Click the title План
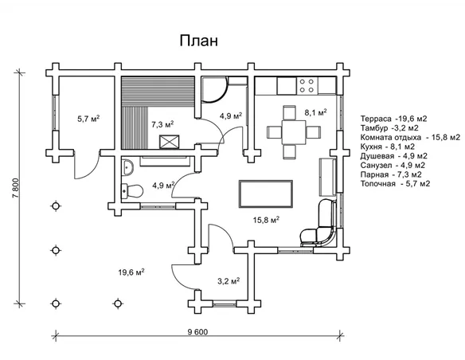coord(199,41)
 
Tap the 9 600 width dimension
coord(197,332)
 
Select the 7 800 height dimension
coord(16,188)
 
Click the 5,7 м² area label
coord(88,119)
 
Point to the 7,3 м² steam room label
coord(162,124)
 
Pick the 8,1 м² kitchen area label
coord(316,112)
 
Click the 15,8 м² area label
coord(266,220)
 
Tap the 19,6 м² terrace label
coord(131,272)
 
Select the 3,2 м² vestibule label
coord(229,280)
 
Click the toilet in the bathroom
coord(132,191)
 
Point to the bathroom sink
coord(127,167)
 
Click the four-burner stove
coord(307,86)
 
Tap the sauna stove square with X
coord(170,142)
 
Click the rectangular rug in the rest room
coord(266,194)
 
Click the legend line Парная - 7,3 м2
coord(391,174)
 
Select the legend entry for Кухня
coord(388,147)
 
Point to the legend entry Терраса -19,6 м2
coord(393,119)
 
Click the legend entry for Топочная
coord(395,183)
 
